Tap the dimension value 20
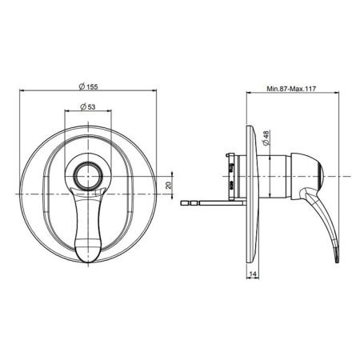pyautogui.click(x=169, y=185)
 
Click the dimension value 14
pyautogui.click(x=251, y=274)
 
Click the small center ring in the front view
pyautogui.click(x=87, y=174)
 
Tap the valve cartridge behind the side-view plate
pyautogui.click(x=232, y=174)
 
